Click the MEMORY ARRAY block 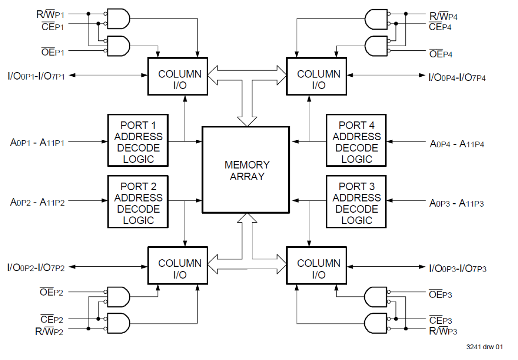point(247,170)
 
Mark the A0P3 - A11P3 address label point(457,203)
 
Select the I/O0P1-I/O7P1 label point(36,75)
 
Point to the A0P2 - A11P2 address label point(38,202)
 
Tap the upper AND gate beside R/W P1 point(118,19)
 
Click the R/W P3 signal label point(443,330)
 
